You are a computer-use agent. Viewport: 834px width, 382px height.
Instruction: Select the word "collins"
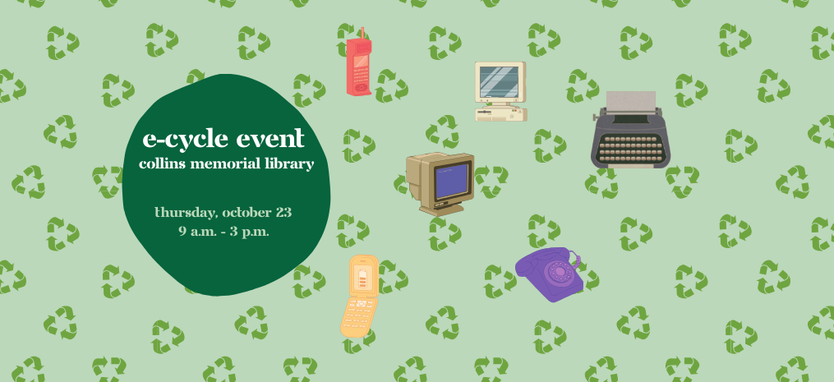click(x=162, y=164)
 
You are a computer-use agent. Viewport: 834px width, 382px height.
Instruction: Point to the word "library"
click(x=288, y=164)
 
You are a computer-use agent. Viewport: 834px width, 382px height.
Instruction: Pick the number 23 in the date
click(x=283, y=213)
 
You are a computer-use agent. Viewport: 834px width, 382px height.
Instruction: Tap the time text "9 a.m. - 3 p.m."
click(x=224, y=231)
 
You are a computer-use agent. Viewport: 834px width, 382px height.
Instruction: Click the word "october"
click(x=245, y=213)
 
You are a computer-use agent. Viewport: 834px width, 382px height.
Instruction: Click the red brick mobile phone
click(x=358, y=67)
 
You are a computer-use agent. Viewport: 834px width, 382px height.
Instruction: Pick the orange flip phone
click(x=360, y=296)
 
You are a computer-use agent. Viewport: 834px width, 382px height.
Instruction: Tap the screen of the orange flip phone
click(x=362, y=276)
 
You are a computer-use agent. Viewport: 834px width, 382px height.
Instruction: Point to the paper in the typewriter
click(x=631, y=100)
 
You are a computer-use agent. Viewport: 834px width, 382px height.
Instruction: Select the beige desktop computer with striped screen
click(x=500, y=91)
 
